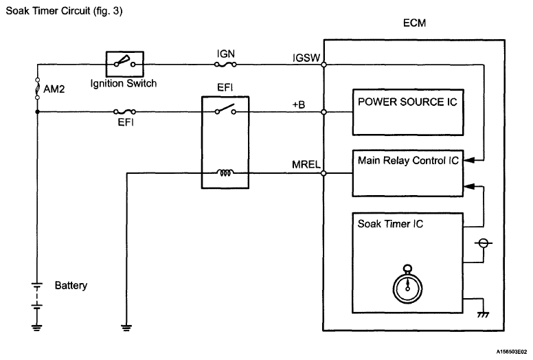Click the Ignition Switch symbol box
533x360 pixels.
[125, 64]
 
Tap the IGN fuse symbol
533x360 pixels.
[225, 65]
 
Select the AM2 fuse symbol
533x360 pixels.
[37, 89]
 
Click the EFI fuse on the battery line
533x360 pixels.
[124, 111]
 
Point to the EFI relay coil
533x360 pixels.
[225, 173]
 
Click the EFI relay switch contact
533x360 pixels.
[225, 109]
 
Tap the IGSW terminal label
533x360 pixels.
[306, 58]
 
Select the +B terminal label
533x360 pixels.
[299, 104]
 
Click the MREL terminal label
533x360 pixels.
[306, 164]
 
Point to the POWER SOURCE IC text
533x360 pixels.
[407, 102]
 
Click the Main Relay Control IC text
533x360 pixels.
[408, 161]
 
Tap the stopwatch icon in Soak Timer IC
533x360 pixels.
[407, 284]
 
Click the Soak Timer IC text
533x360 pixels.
[390, 224]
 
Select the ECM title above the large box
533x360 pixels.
[414, 23]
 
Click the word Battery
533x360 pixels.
[71, 285]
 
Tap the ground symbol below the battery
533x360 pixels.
[36, 327]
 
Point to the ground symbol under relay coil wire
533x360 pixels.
[126, 327]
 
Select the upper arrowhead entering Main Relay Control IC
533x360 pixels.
[469, 160]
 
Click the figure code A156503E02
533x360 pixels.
[512, 352]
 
